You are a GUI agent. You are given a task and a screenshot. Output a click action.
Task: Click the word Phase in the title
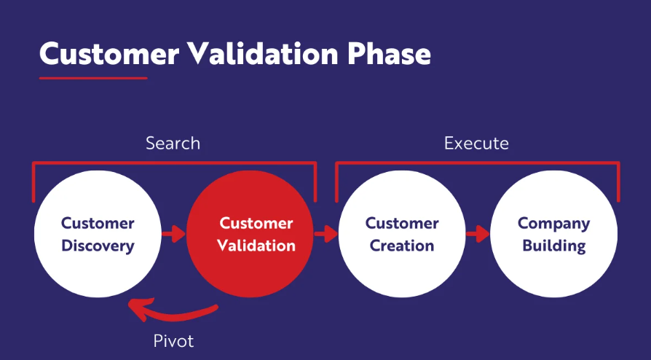click(x=390, y=54)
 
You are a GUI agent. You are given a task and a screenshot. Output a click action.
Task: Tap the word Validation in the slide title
click(x=263, y=54)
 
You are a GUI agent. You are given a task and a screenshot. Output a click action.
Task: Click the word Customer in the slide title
click(x=109, y=54)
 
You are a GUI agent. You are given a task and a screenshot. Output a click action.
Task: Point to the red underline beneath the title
click(x=93, y=78)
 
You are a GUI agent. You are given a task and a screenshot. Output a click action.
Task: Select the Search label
click(x=173, y=144)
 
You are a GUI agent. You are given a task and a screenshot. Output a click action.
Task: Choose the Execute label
click(x=476, y=144)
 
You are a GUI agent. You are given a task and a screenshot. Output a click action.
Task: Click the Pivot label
click(x=173, y=341)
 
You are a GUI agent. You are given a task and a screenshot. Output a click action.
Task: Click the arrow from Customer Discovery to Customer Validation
click(x=173, y=234)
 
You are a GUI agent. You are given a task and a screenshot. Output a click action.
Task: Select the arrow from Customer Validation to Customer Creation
click(x=326, y=234)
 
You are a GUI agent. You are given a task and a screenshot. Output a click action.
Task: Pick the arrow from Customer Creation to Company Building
click(x=478, y=234)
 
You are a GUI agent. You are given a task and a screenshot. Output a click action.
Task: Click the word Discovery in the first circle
click(x=98, y=246)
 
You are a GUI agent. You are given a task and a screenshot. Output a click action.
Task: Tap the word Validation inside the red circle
click(x=256, y=246)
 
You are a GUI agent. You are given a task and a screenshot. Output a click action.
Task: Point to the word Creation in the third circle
click(x=402, y=246)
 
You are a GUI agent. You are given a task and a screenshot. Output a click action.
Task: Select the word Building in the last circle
click(x=554, y=246)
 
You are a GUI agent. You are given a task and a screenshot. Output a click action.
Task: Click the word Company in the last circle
click(x=554, y=224)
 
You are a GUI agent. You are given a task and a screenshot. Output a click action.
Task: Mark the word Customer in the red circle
click(x=256, y=223)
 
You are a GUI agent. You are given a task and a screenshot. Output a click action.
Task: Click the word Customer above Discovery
click(x=98, y=223)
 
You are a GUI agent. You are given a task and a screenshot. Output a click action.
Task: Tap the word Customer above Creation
click(x=402, y=223)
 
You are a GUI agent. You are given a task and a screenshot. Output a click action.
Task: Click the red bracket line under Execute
click(x=478, y=163)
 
